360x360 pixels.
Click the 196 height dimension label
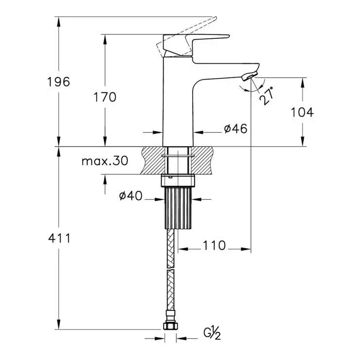point(59,82)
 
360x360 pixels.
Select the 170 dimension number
point(105,97)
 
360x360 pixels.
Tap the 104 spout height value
point(302,112)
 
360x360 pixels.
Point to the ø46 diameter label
point(236,129)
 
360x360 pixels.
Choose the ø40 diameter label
point(131,196)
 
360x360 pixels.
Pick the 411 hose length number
point(59,238)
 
